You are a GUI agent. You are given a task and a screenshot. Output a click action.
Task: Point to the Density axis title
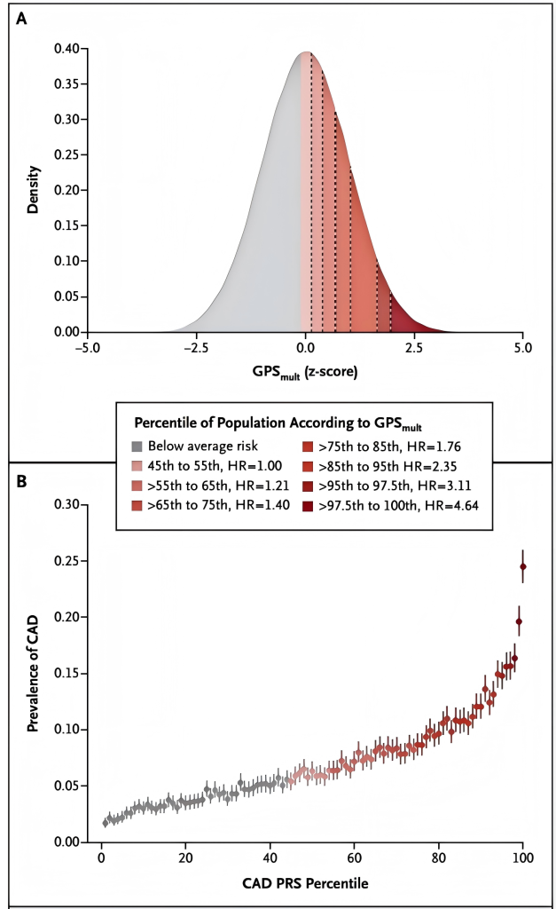[x=34, y=190]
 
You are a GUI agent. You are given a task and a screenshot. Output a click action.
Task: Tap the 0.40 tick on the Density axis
[x=69, y=48]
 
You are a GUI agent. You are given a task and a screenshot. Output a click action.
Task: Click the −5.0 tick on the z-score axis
[x=86, y=348]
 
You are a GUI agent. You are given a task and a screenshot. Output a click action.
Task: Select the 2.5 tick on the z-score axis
[x=414, y=348]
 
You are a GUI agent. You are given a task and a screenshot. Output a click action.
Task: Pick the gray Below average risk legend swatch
[x=137, y=447]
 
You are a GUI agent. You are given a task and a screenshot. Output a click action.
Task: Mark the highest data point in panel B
[x=523, y=566]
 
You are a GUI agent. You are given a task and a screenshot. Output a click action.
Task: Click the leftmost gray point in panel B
[x=105, y=823]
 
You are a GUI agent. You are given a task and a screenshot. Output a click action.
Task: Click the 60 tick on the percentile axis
[x=354, y=858]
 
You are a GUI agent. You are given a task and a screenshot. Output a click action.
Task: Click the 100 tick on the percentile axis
[x=522, y=858]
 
